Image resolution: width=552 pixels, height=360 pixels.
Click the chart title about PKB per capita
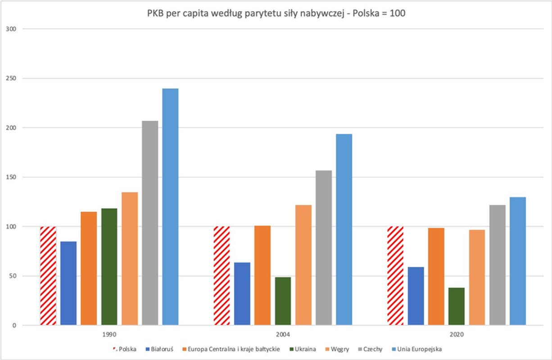pos(276,13)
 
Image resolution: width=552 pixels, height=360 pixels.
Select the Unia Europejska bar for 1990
pos(170,207)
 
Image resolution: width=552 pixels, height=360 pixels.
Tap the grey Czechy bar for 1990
pos(150,223)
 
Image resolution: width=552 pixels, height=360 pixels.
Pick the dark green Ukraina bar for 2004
pos(283,301)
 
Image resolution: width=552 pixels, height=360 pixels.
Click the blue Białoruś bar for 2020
pos(416,296)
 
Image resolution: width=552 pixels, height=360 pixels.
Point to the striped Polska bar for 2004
pos(222,275)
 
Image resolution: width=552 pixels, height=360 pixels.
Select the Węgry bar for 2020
pos(477,277)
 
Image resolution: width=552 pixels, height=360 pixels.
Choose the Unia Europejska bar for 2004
pos(344,229)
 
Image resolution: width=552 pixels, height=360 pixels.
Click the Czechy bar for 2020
pos(498,265)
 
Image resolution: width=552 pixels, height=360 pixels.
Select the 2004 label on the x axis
pos(283,335)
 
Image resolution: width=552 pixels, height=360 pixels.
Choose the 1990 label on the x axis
pos(109,335)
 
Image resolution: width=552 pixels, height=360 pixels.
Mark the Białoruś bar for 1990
pos(68,283)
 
